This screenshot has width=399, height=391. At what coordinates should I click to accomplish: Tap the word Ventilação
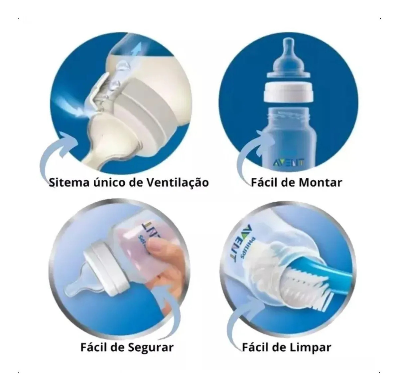point(178,183)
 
